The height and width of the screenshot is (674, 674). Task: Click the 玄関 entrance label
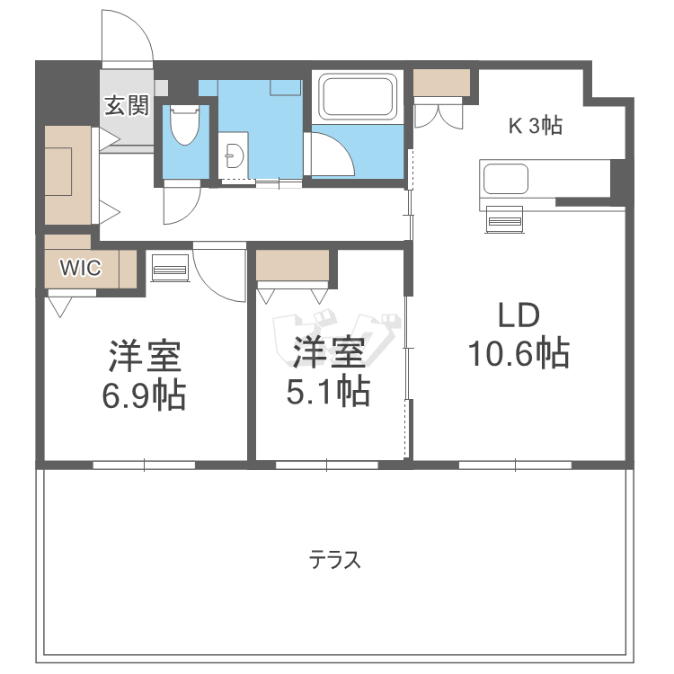pyautogui.click(x=127, y=107)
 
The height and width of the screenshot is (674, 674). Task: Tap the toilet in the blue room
pyautogui.click(x=185, y=127)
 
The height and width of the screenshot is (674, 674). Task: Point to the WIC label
pyautogui.click(x=80, y=267)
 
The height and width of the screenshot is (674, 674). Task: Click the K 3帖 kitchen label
pyautogui.click(x=536, y=127)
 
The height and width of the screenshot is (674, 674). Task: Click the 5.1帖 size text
pyautogui.click(x=329, y=391)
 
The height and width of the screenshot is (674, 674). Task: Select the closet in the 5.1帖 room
pyautogui.click(x=292, y=266)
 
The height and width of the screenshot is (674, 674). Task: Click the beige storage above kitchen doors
pyautogui.click(x=441, y=83)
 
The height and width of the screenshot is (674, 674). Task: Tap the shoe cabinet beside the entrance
pyautogui.click(x=68, y=175)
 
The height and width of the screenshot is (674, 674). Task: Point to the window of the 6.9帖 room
pyautogui.click(x=144, y=465)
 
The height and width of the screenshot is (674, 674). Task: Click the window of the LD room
pyautogui.click(x=515, y=465)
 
